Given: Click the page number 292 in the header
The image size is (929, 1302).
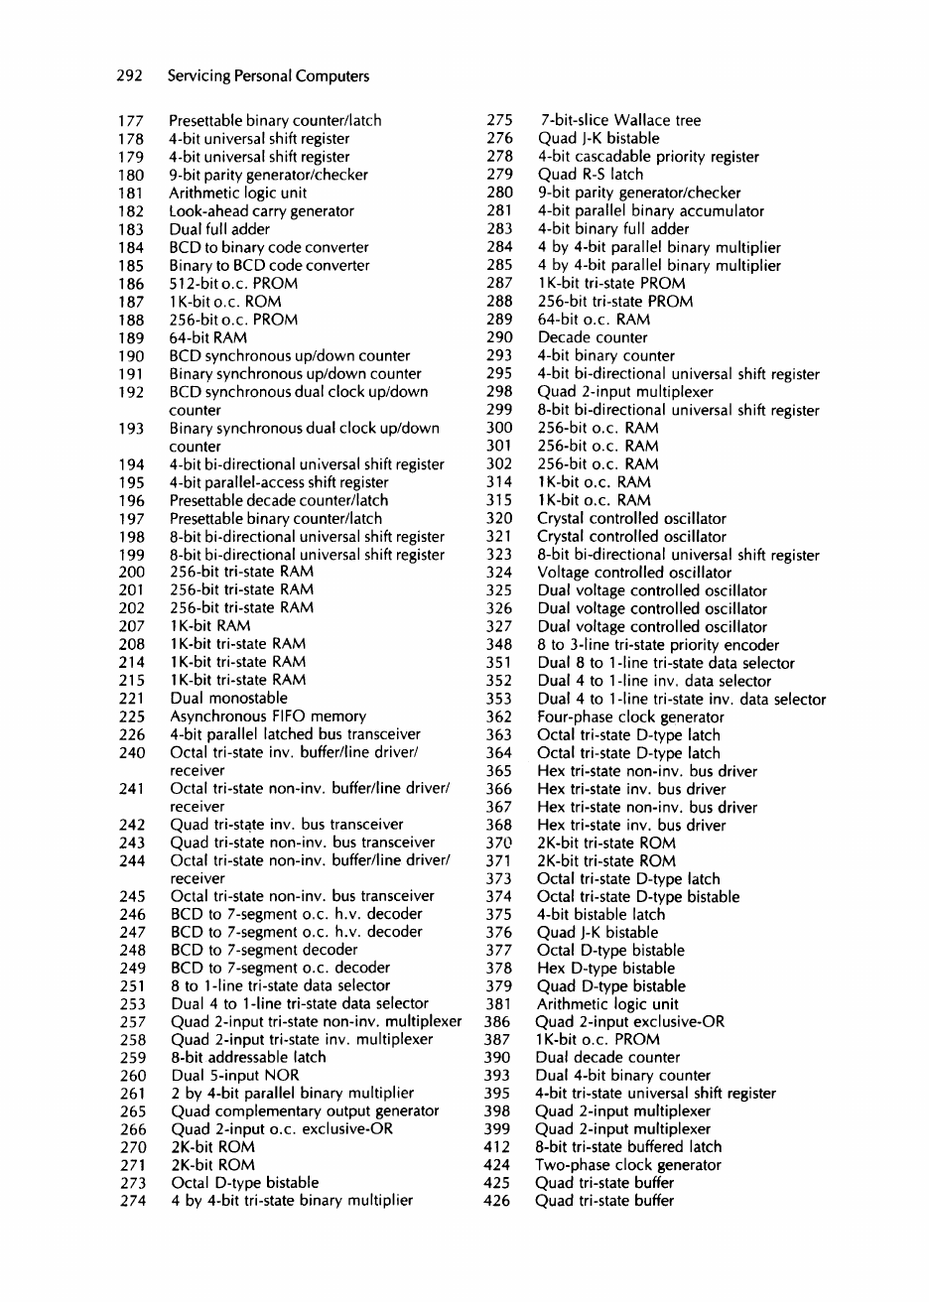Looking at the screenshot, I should click(132, 76).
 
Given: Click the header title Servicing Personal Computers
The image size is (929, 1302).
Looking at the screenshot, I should click(268, 76).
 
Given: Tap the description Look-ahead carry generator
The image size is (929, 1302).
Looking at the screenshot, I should click(262, 211).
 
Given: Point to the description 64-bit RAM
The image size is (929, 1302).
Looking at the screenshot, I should click(208, 337).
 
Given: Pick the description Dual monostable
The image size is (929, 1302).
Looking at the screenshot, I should click(228, 699).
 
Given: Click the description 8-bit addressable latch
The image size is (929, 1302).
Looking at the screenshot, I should click(248, 1058).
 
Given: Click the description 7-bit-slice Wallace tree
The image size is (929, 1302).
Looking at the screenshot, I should click(619, 121).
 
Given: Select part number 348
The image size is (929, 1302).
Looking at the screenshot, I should click(499, 645).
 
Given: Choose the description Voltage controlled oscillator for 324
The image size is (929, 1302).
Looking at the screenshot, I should click(634, 573).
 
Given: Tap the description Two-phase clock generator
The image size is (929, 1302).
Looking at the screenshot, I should click(628, 1165).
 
